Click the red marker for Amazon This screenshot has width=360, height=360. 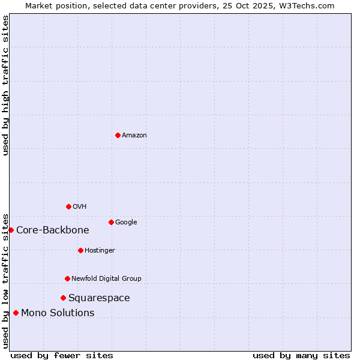118,135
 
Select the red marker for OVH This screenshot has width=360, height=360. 68,206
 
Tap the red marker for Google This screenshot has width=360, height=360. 111,222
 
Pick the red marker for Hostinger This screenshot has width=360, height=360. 80,250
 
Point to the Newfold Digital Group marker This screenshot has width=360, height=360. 67,278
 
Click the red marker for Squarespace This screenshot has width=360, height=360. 63,298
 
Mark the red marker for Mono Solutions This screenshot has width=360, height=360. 16,313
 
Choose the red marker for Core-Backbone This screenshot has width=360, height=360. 11,230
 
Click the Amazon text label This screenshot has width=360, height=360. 134,136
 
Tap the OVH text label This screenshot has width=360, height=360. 80,207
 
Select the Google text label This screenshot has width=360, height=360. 126,223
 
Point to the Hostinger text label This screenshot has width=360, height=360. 100,251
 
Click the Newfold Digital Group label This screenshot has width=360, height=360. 106,279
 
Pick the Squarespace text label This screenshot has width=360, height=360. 99,298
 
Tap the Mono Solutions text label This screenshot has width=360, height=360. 58,313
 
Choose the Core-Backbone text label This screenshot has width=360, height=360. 53,230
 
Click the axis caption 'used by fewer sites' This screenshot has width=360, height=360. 62,356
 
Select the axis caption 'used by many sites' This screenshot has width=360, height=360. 301,356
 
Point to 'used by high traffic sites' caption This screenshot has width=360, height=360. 6,85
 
